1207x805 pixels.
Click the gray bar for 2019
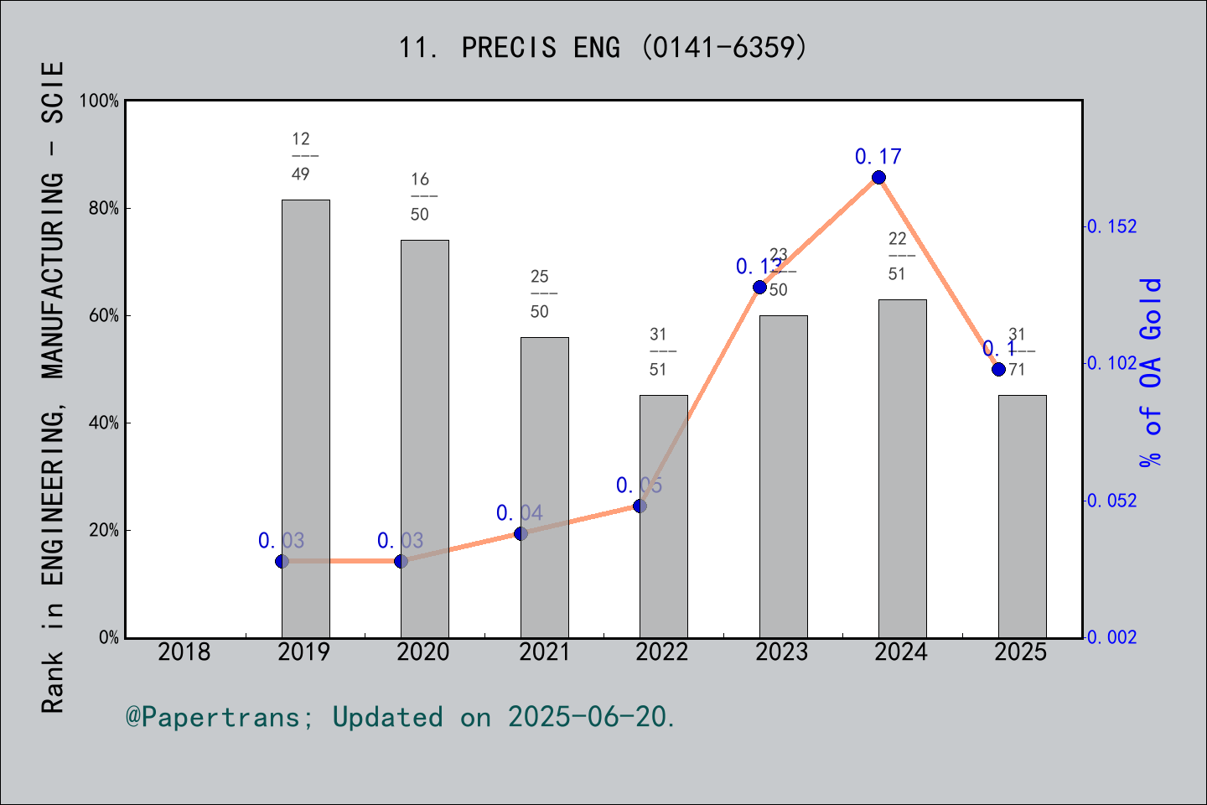pyautogui.click(x=305, y=419)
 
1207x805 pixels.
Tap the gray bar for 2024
pyautogui.click(x=902, y=470)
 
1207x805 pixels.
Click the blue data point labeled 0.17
pyautogui.click(x=878, y=177)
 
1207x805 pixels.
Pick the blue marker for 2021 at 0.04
pyautogui.click(x=521, y=533)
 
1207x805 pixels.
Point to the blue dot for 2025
pyautogui.click(x=998, y=369)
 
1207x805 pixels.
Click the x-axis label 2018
pyautogui.click(x=184, y=652)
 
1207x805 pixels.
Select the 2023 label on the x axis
pyautogui.click(x=781, y=652)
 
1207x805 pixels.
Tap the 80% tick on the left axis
pyautogui.click(x=104, y=209)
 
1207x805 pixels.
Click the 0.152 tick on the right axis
pyautogui.click(x=1112, y=226)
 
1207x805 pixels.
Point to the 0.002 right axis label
pyautogui.click(x=1112, y=638)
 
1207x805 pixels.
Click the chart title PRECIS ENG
pyautogui.click(x=603, y=48)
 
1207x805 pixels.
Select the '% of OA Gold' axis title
pyautogui.click(x=1151, y=372)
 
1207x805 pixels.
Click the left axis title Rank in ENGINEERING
pyautogui.click(x=53, y=386)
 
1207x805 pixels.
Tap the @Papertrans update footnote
pyautogui.click(x=401, y=717)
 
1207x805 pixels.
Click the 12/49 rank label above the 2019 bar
pyautogui.click(x=302, y=157)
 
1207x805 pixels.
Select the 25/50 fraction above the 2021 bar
pyautogui.click(x=540, y=294)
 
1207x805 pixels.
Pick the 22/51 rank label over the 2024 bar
pyautogui.click(x=898, y=257)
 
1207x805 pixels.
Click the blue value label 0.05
pyautogui.click(x=639, y=486)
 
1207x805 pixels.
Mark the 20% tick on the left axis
pyautogui.click(x=104, y=531)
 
